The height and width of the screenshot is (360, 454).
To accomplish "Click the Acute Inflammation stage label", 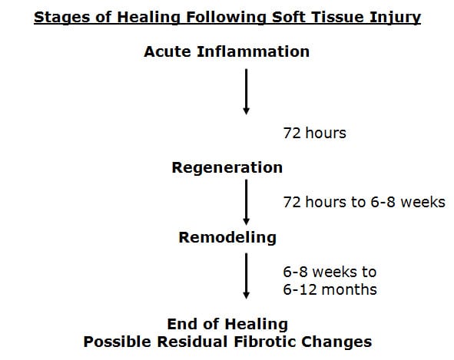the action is [x=227, y=51].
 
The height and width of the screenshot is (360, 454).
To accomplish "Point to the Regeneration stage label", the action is [x=227, y=168].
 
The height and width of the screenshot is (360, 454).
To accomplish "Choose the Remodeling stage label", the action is [x=227, y=237].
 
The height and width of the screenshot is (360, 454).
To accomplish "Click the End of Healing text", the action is [x=227, y=324].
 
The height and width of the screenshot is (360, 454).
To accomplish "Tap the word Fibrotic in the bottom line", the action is [x=265, y=342].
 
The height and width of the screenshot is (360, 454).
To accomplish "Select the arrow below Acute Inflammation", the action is [x=246, y=91].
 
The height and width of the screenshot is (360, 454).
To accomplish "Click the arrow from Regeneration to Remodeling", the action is [x=246, y=202].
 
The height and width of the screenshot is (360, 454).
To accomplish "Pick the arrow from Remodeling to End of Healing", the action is [x=246, y=276].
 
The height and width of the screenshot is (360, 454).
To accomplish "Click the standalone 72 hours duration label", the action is [x=315, y=133].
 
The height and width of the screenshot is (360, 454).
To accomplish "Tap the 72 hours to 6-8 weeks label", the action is [x=364, y=202].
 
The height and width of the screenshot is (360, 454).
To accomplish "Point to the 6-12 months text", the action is [x=330, y=289].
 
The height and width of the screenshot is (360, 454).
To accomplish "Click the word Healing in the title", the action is [x=148, y=18].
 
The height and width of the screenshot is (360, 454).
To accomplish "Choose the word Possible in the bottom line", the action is [x=118, y=342].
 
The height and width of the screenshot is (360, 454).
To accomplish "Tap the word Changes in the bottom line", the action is [x=336, y=342].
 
